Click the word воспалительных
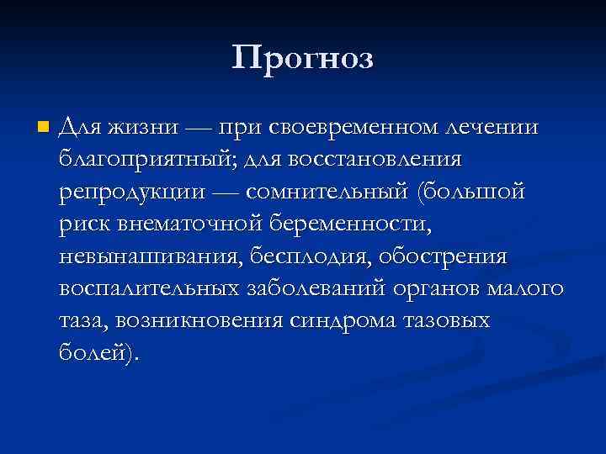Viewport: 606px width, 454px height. coord(152,288)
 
